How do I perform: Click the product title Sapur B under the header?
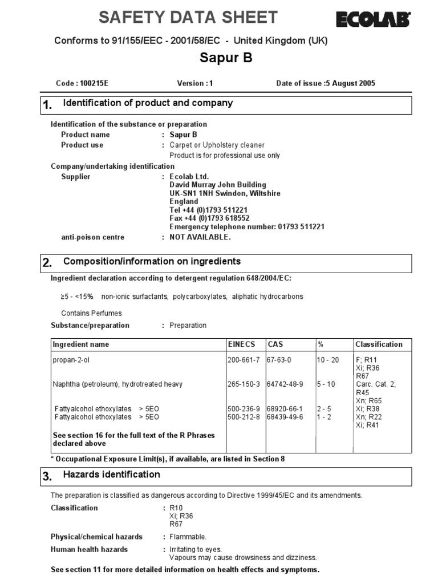point(226,58)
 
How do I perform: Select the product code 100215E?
point(94,83)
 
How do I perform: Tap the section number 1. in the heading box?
point(48,105)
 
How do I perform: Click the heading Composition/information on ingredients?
point(152,261)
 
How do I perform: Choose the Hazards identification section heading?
point(111,474)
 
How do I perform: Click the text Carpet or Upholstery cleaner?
point(217,145)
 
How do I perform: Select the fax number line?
point(208,218)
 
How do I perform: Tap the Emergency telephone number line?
point(247,226)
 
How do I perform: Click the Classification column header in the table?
point(379,344)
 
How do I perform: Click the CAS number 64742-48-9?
point(285,384)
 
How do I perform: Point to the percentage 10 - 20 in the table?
point(328,360)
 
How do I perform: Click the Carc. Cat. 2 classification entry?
point(375,384)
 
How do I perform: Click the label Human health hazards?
point(89,549)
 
